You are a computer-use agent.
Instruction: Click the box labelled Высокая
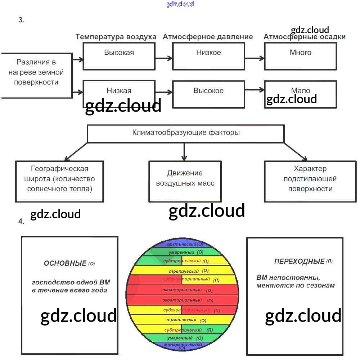click(119, 56)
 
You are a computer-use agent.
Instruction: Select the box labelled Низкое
click(208, 56)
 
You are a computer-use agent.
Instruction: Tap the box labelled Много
click(300, 56)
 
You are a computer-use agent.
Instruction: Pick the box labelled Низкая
click(119, 91)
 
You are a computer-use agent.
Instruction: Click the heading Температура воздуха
click(116, 37)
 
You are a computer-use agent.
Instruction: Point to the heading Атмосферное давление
click(208, 37)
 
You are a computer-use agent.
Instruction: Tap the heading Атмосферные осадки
click(305, 37)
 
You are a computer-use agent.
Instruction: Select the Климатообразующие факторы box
click(186, 133)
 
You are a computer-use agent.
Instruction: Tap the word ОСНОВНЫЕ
click(65, 263)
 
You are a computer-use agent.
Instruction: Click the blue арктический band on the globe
click(184, 244)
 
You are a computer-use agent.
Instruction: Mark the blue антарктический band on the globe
click(183, 346)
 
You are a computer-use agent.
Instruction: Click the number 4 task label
click(22, 221)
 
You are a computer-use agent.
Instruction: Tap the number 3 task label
click(22, 20)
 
